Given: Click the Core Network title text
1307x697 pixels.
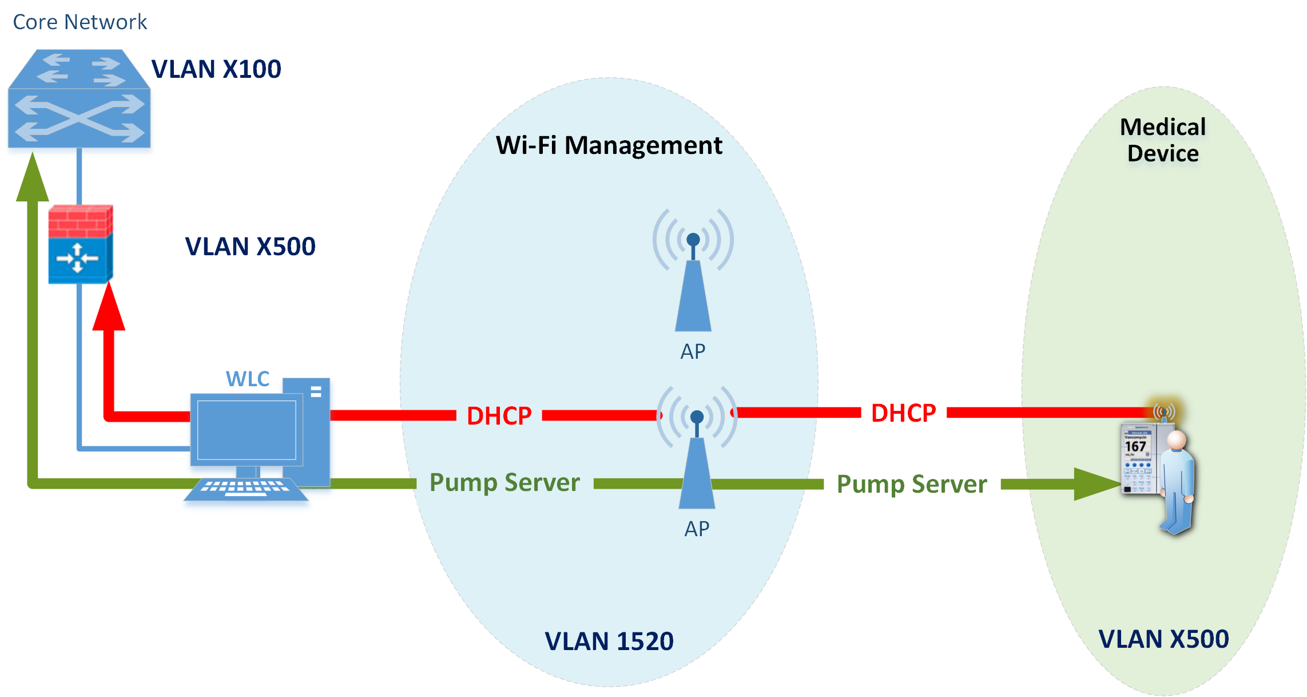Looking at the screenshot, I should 80,22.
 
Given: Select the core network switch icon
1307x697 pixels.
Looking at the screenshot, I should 79,98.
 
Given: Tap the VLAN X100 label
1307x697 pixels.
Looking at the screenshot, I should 216,69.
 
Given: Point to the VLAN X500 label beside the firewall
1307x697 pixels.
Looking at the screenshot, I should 250,247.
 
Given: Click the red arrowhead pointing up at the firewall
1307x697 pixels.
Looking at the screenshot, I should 109,309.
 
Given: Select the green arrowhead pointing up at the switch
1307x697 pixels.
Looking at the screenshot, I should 33,179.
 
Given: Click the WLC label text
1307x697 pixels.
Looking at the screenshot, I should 247,379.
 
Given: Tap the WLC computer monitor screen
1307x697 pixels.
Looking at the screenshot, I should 247,430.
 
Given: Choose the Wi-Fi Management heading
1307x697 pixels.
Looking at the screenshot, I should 609,145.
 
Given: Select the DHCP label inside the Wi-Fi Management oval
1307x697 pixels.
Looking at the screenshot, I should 499,416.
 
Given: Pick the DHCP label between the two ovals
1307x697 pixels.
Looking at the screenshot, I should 903,413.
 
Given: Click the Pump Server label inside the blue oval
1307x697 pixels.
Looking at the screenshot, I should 504,483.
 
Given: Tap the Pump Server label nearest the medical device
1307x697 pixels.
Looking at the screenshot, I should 912,485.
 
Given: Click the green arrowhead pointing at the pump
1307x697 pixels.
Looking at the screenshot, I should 1095,484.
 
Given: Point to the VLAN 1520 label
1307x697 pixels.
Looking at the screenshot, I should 609,641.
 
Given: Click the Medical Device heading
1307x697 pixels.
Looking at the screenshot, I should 1162,140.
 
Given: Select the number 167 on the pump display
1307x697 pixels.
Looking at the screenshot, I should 1135,446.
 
